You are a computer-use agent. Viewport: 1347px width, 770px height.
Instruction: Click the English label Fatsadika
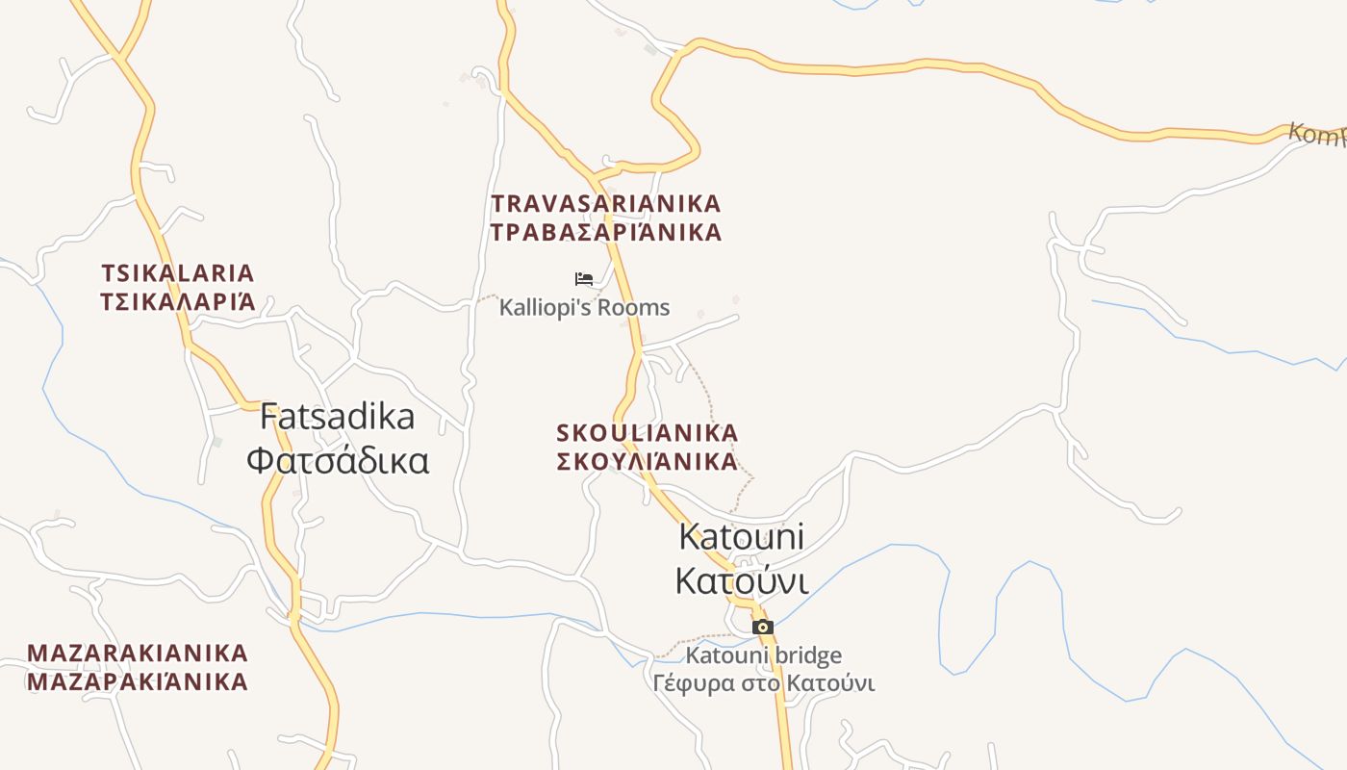click(338, 417)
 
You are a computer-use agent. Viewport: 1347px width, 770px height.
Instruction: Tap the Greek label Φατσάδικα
click(338, 461)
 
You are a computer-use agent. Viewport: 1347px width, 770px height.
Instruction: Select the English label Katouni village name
click(741, 536)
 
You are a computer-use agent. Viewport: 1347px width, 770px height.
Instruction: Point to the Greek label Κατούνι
click(741, 581)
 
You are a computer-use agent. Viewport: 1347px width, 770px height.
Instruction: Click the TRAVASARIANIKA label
click(606, 204)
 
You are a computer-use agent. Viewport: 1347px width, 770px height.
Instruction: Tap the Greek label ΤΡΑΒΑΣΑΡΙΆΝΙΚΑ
click(606, 233)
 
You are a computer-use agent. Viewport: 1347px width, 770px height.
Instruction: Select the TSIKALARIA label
click(178, 273)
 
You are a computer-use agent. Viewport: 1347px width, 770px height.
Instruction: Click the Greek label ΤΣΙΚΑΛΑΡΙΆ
click(178, 302)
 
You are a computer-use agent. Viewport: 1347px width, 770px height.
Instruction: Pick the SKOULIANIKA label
click(648, 433)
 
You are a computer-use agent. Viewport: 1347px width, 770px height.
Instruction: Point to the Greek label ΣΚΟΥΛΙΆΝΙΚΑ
click(648, 462)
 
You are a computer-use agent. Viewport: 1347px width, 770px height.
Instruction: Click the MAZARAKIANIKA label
click(138, 654)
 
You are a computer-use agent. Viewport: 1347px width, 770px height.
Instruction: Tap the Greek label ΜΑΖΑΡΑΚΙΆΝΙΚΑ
click(138, 682)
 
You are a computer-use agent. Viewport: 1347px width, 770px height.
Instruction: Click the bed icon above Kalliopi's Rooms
click(584, 279)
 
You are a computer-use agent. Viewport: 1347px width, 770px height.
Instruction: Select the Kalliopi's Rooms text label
click(584, 308)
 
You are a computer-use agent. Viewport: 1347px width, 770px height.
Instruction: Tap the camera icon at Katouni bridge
click(763, 628)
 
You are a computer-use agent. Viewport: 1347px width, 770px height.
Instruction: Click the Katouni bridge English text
click(763, 656)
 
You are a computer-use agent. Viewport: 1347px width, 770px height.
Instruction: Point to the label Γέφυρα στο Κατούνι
click(763, 684)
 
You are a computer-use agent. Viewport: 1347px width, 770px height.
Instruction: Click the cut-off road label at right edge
click(1318, 134)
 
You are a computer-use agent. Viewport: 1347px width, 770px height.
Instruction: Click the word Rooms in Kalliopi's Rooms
click(633, 308)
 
